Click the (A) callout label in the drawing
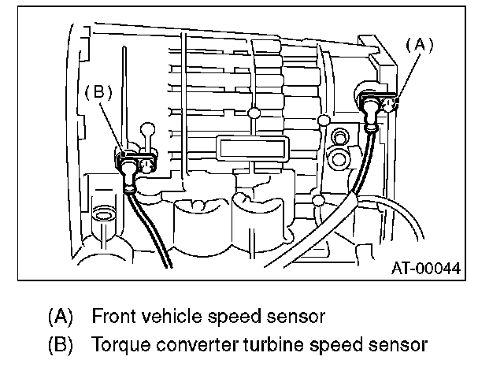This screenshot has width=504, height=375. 421,46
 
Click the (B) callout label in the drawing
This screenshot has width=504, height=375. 98,91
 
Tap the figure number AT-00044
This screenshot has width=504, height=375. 426,268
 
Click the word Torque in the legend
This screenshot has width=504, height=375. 115,344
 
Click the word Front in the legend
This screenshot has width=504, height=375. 112,317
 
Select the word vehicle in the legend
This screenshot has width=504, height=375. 168,317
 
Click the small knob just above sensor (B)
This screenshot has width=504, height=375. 145,128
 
